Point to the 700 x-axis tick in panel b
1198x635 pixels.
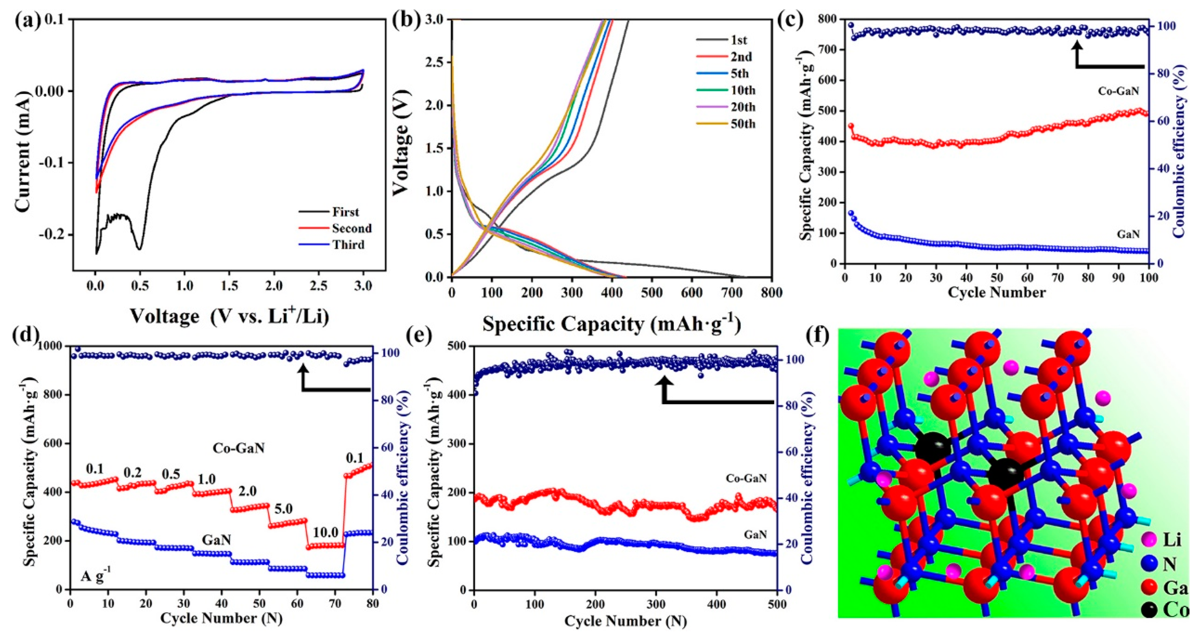coord(732,292)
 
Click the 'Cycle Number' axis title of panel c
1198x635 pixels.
coord(997,292)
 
